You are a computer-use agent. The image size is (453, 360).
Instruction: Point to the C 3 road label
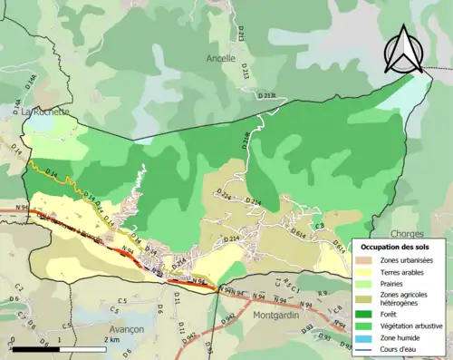318,226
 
